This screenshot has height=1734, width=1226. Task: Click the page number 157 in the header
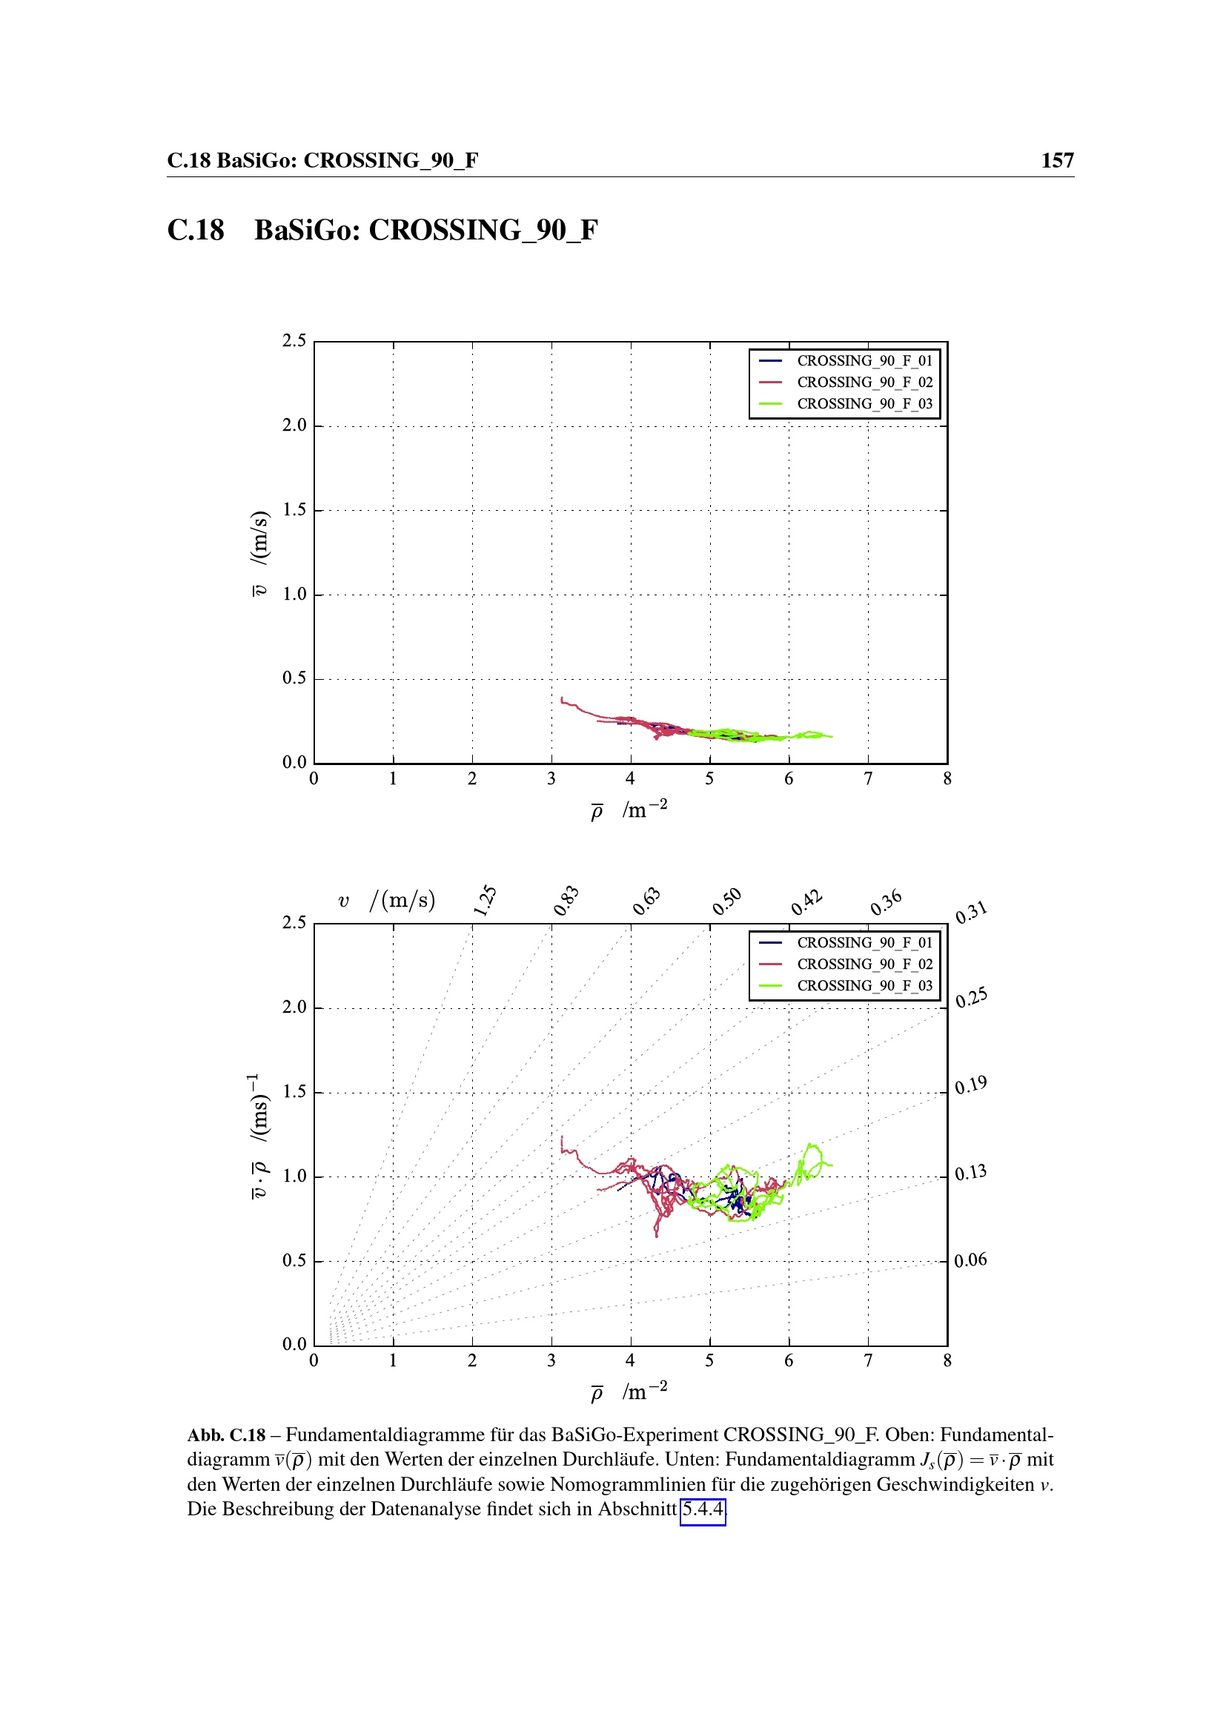[1057, 160]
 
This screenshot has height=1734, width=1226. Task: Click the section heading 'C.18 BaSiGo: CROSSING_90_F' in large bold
[382, 231]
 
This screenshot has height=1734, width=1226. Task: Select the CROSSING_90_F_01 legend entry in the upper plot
[864, 361]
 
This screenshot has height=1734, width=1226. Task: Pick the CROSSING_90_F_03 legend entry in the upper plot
[864, 404]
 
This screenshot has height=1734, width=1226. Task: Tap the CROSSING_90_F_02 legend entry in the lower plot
[864, 964]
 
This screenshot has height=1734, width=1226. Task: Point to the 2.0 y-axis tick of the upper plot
[294, 426]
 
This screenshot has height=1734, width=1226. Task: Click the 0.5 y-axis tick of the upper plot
[294, 678]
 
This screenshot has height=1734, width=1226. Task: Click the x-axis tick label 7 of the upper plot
[868, 778]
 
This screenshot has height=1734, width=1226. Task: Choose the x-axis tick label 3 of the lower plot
[551, 1361]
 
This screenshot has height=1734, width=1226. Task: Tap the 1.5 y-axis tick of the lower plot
[294, 1092]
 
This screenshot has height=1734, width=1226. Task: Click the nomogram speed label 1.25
[485, 900]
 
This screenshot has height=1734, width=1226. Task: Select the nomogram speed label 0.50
[726, 901]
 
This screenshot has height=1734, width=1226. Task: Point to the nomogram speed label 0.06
[970, 1260]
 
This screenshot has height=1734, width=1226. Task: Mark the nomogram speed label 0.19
[970, 1086]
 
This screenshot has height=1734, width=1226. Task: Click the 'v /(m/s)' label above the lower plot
[386, 900]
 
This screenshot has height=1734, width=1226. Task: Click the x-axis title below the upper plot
[629, 810]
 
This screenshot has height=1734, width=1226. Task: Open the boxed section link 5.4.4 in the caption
[702, 1509]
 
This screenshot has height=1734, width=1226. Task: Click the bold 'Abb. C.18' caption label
[226, 1435]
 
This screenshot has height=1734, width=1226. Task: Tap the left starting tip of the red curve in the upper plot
[562, 698]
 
